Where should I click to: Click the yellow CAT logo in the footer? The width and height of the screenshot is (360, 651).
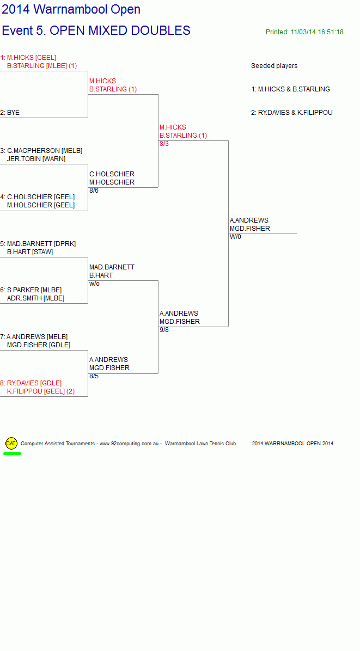(x=11, y=444)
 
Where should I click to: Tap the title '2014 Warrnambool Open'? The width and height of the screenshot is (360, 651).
(x=71, y=9)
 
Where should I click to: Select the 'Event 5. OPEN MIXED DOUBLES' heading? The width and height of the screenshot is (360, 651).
(x=96, y=30)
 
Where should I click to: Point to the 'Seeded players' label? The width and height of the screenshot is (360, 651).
(x=274, y=66)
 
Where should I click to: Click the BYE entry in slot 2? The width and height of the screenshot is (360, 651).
(x=10, y=113)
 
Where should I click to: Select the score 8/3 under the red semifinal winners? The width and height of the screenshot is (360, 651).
(x=164, y=144)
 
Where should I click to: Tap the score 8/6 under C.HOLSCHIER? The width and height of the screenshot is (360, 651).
(x=94, y=190)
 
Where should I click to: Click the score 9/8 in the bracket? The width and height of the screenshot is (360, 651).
(x=164, y=330)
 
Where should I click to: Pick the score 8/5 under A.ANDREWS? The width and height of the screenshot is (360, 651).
(x=94, y=376)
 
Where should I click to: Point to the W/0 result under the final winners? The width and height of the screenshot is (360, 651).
(x=235, y=237)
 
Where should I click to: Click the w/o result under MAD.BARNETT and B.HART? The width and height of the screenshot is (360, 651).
(x=94, y=284)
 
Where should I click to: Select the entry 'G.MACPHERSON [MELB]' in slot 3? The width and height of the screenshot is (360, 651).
(x=45, y=151)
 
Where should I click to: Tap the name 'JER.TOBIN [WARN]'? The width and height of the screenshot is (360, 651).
(x=36, y=159)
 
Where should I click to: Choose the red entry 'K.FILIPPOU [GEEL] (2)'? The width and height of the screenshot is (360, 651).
(x=41, y=391)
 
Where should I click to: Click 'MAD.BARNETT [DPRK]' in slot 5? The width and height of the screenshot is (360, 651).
(x=41, y=244)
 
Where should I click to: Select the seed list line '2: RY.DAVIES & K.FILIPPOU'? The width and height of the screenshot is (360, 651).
(x=291, y=113)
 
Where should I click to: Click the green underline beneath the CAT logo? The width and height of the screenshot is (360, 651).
(x=12, y=453)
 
